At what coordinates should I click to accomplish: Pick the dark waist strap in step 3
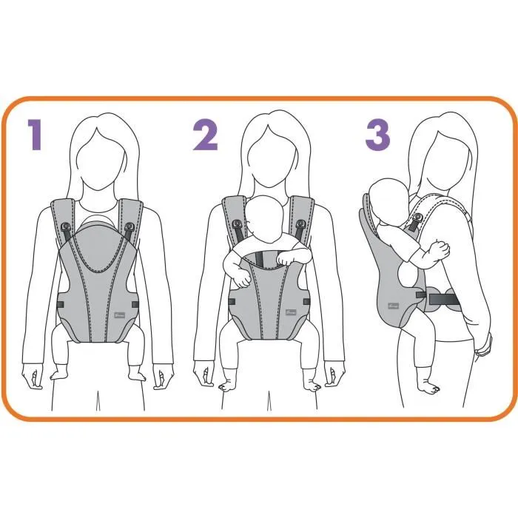coord(442,297)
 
